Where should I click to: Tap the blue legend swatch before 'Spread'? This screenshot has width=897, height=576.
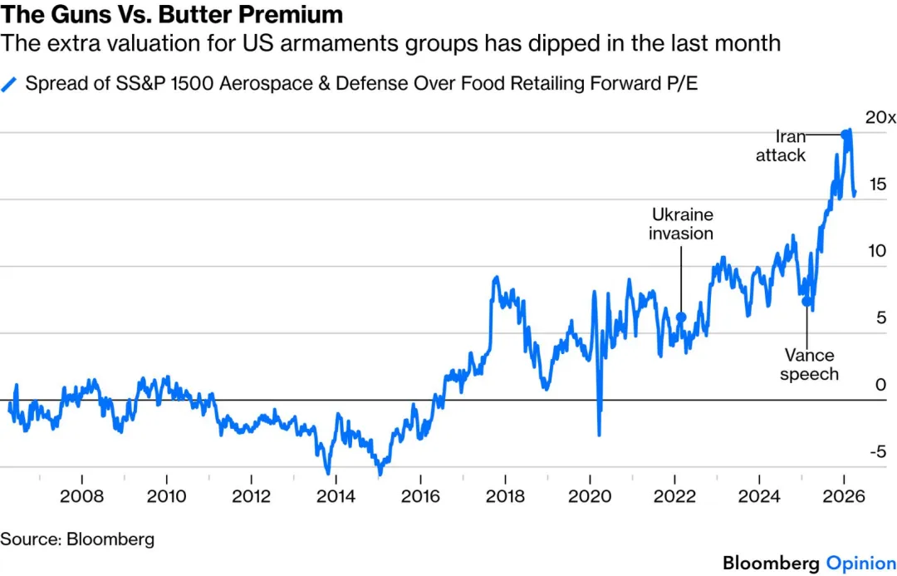(x=10, y=84)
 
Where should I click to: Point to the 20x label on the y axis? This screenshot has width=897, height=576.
(x=880, y=117)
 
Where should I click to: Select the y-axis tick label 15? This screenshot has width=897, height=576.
(x=877, y=185)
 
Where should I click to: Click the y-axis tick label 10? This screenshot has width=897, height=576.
(x=877, y=252)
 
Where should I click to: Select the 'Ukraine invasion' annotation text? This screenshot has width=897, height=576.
(x=681, y=224)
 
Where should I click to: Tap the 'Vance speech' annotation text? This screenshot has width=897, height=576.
(x=809, y=365)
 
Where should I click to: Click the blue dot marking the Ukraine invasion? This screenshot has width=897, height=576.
(x=681, y=317)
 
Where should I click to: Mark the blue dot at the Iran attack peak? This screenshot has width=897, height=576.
(x=846, y=134)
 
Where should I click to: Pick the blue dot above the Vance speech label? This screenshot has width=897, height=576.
(x=806, y=301)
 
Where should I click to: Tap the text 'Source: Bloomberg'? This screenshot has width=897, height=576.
(x=77, y=539)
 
